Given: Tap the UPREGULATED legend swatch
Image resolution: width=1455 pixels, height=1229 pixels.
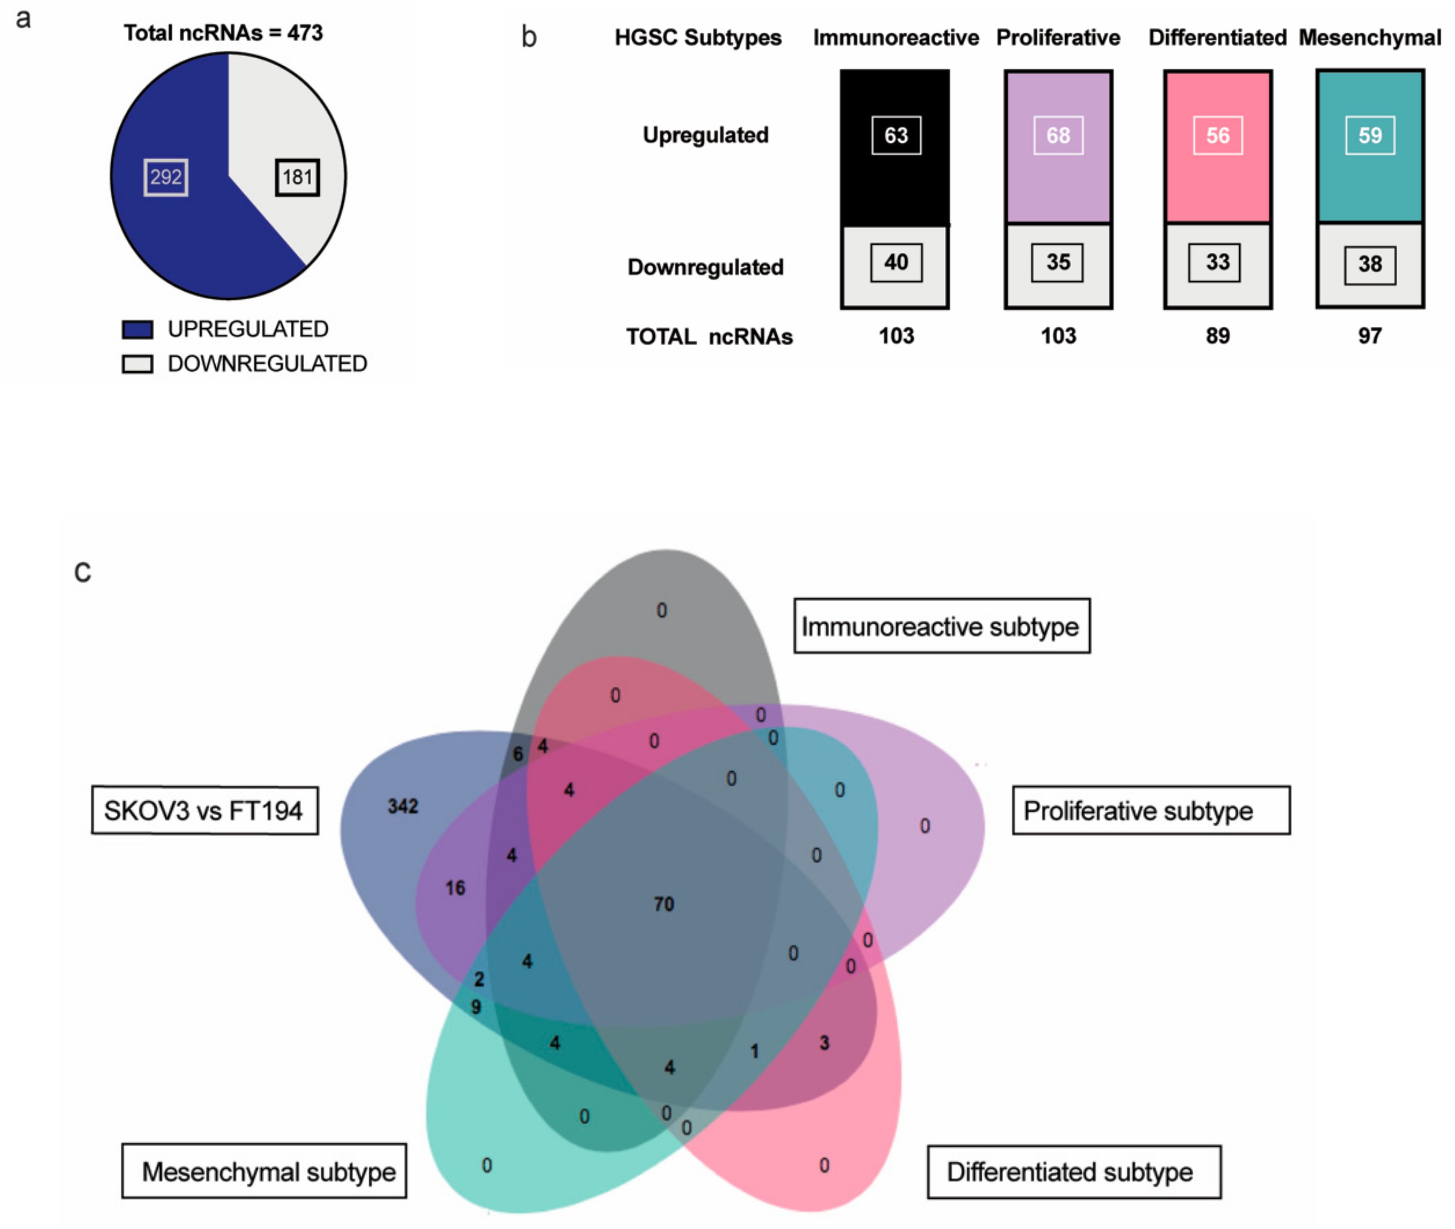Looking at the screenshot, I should point(137,330).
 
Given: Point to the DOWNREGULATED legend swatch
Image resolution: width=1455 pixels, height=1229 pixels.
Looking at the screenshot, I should point(137,364).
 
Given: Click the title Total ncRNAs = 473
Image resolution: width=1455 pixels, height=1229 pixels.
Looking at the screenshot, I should point(223,33).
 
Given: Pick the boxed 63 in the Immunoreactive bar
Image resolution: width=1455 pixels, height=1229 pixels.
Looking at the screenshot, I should point(896,135).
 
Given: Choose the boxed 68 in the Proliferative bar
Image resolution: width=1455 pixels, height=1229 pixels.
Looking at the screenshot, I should point(1058,135).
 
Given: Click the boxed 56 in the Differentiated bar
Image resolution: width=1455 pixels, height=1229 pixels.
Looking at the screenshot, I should point(1218,135).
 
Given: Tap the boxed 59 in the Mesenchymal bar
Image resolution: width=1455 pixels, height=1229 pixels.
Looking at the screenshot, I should point(1370,135).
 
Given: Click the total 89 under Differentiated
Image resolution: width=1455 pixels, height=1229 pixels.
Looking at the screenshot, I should point(1218,336).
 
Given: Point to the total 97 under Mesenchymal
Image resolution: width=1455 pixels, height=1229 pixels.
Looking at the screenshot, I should point(1370,336).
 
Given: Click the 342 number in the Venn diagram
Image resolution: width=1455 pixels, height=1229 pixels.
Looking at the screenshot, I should point(402,806).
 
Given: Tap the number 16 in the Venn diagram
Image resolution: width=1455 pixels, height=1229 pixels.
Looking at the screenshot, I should point(455,888).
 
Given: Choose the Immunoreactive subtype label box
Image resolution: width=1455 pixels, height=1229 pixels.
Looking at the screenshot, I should point(942,626).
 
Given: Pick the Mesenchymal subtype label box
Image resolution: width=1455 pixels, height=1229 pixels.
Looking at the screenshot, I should point(265,1172).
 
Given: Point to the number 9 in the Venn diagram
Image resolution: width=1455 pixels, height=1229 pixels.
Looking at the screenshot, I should point(476,1006).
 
